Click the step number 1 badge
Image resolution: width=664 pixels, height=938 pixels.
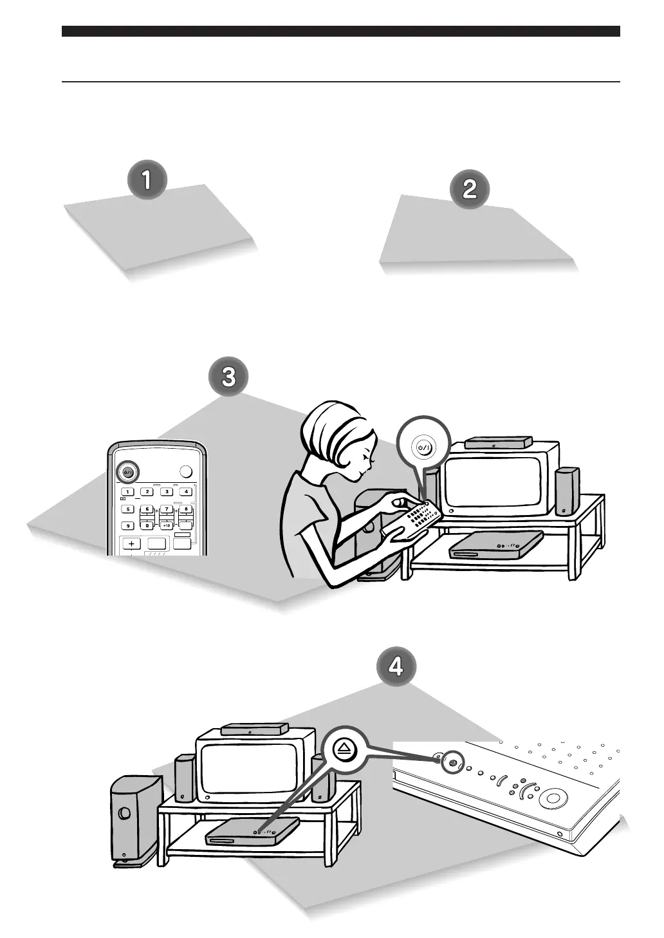(147, 180)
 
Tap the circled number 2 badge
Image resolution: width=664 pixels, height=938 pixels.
(470, 189)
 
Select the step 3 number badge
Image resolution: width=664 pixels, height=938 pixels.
(228, 377)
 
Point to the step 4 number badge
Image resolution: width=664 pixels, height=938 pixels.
(395, 666)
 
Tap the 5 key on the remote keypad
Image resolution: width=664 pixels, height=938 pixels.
(128, 509)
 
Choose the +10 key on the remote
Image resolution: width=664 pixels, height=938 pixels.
(166, 525)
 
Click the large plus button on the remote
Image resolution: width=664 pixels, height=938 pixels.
(131, 543)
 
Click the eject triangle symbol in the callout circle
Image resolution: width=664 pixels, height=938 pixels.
(345, 748)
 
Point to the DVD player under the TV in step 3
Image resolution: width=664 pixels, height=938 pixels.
(495, 545)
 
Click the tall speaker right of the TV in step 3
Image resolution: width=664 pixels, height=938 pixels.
(566, 491)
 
